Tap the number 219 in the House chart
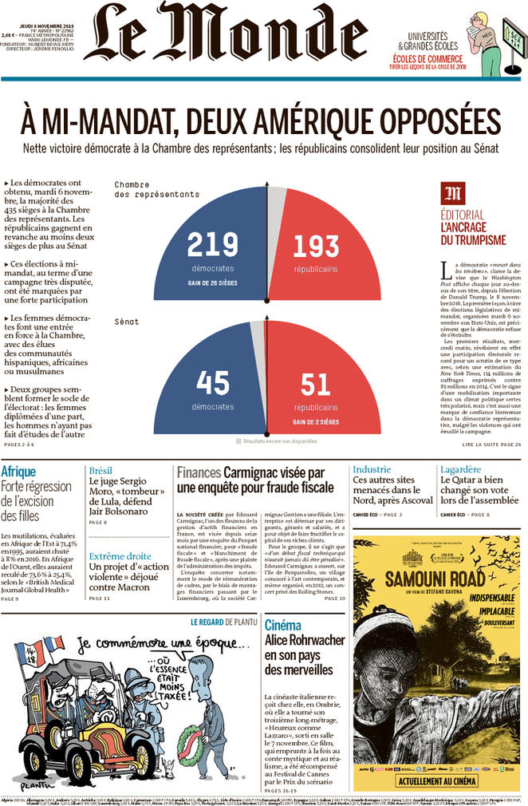[x=213, y=244]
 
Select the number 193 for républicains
[x=315, y=245]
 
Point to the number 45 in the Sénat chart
[x=212, y=382]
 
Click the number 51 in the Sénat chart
[x=315, y=384]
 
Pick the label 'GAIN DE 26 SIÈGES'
[x=212, y=282]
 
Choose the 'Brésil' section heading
[x=100, y=470]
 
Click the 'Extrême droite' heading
[x=120, y=556]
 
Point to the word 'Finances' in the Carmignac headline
[x=199, y=472]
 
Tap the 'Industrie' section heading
[x=372, y=469]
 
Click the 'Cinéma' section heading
[x=282, y=625]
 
